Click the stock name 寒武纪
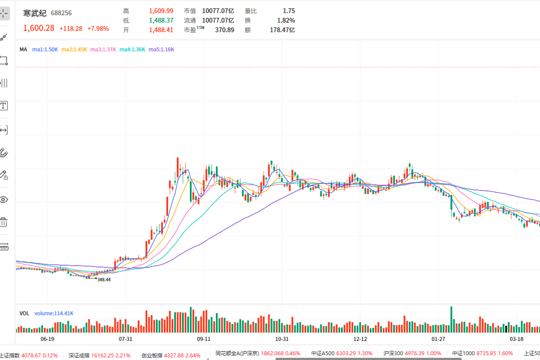click(35, 13)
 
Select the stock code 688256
click(61, 13)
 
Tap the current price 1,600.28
click(39, 28)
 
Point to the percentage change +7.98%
click(98, 28)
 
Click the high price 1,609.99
click(161, 11)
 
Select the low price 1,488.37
click(161, 20)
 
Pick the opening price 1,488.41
click(161, 30)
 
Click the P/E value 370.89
click(224, 30)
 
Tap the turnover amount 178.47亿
click(282, 30)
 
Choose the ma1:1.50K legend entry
click(45, 49)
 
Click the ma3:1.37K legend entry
click(103, 49)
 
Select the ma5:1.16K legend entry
click(161, 49)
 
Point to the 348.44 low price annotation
click(104, 280)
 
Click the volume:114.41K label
click(54, 313)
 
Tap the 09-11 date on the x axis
click(204, 339)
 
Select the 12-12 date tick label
click(360, 339)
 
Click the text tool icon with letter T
click(3, 105)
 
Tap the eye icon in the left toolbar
click(3, 200)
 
